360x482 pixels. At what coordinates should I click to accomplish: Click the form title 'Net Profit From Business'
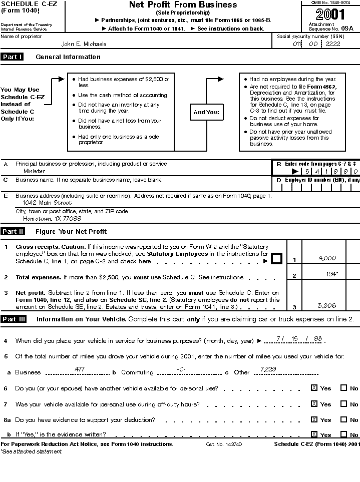point(183,5)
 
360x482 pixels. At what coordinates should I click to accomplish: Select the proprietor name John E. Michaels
point(84,44)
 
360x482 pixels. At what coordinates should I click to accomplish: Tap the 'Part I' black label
point(13,57)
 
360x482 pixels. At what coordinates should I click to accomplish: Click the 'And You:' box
point(206,112)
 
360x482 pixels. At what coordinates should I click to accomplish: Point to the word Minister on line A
point(34,171)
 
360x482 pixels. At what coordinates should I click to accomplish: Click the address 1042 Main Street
point(47,203)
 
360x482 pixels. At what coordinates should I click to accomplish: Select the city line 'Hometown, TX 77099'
point(52,219)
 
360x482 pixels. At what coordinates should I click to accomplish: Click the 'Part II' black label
point(13,232)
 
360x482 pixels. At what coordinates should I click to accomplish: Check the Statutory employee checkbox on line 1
point(276,259)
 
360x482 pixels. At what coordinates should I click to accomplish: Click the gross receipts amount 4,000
point(327,258)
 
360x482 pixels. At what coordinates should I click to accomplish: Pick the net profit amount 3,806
point(327,306)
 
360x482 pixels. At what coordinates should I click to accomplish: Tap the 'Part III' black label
point(14,319)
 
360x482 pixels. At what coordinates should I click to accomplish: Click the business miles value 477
point(79,369)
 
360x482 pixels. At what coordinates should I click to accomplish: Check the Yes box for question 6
point(314,388)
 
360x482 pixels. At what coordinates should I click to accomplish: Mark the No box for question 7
point(343,404)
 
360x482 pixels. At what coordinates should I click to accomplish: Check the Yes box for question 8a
point(314,419)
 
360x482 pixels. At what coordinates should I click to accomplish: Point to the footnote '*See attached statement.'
point(31,451)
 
